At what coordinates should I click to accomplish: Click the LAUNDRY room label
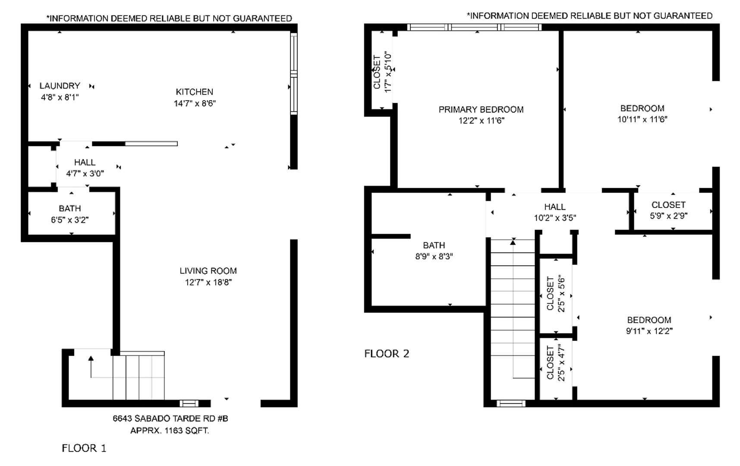pyautogui.click(x=60, y=86)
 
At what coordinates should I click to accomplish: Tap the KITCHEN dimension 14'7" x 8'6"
pyautogui.click(x=195, y=104)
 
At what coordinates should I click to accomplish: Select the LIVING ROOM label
pyautogui.click(x=208, y=271)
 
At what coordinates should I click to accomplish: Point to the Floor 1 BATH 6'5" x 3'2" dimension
pyautogui.click(x=70, y=220)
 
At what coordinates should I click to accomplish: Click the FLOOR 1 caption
pyautogui.click(x=84, y=448)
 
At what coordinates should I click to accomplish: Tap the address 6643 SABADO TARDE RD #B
pyautogui.click(x=170, y=419)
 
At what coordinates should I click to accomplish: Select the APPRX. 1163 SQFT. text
pyautogui.click(x=170, y=431)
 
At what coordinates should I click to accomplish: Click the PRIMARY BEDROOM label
pyautogui.click(x=481, y=110)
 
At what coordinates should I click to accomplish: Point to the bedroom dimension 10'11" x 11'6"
pyautogui.click(x=642, y=120)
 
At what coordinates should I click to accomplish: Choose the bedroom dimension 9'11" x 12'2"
pyautogui.click(x=649, y=331)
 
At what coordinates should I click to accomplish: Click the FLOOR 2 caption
pyautogui.click(x=387, y=354)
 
